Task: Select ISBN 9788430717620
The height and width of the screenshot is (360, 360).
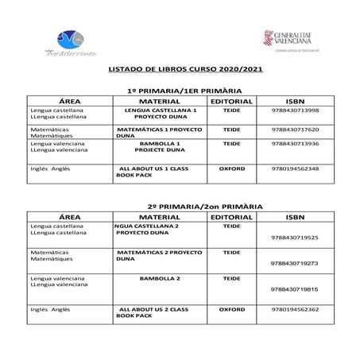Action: click(295, 129)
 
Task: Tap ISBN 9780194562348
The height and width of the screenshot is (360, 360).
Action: click(295, 168)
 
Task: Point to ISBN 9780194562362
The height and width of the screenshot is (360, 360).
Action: click(295, 309)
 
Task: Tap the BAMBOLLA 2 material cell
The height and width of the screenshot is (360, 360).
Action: click(161, 279)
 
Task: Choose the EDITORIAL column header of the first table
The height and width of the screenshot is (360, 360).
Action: click(234, 101)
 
